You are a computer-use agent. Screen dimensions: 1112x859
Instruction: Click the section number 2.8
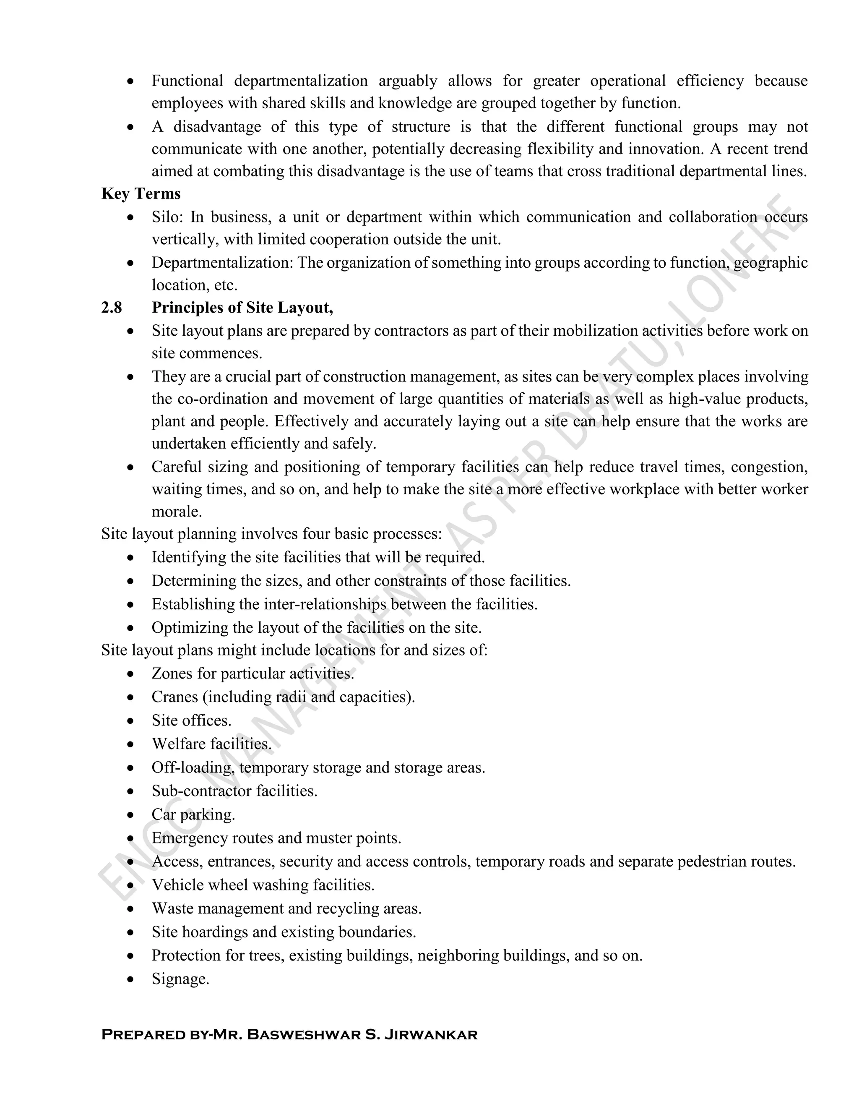(x=112, y=308)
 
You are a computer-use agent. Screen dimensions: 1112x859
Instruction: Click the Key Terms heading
(x=141, y=194)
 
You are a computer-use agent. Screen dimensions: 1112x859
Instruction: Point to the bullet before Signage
(x=131, y=979)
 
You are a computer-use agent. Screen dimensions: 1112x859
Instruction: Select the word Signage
(x=180, y=979)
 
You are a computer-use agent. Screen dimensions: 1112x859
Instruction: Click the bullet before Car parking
(x=131, y=814)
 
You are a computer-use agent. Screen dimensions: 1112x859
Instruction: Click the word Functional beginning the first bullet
(x=187, y=81)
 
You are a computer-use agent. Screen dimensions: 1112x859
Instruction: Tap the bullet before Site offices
(x=131, y=721)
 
